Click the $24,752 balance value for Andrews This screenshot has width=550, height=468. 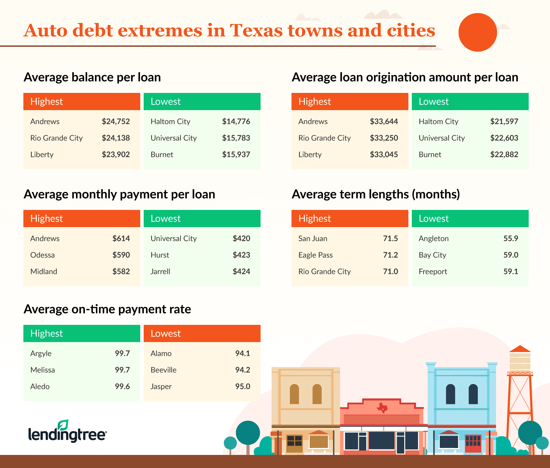(116, 121)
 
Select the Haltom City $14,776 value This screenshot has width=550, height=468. (236, 121)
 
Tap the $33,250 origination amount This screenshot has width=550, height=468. (384, 138)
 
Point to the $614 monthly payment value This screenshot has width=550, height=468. (121, 238)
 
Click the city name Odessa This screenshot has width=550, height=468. (42, 255)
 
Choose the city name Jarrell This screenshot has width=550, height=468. (160, 272)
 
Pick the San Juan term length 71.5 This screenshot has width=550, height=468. (390, 238)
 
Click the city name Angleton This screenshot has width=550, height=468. (433, 238)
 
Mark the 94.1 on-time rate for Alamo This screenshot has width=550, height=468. (243, 353)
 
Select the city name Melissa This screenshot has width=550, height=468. (43, 370)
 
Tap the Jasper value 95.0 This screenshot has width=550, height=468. (243, 386)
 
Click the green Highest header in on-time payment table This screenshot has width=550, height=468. (82, 333)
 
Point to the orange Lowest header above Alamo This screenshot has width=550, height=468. (202, 333)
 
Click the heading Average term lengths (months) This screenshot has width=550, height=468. (376, 194)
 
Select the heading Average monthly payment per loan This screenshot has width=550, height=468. (119, 194)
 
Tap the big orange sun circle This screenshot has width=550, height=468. (477, 32)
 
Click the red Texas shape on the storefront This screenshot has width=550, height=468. (382, 408)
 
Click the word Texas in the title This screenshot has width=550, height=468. (257, 30)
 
